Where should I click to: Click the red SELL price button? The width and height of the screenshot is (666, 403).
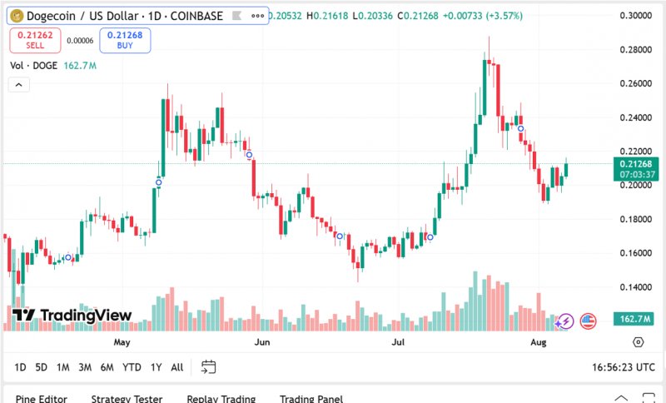(35, 40)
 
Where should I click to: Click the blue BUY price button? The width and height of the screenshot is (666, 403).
(125, 40)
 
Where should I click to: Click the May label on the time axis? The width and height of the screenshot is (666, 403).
(122, 342)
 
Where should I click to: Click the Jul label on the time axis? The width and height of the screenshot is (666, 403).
(399, 342)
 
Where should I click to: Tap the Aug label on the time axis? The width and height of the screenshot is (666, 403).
(538, 342)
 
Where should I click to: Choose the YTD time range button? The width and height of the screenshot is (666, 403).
(132, 367)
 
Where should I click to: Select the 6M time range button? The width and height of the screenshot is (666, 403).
(107, 367)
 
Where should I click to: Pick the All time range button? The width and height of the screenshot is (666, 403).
(177, 367)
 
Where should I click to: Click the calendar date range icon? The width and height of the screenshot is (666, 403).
(208, 366)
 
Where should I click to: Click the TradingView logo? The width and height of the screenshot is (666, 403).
(72, 315)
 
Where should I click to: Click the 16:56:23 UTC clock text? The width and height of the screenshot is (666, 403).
(624, 367)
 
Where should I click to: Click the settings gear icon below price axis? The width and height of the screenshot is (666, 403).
(639, 342)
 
